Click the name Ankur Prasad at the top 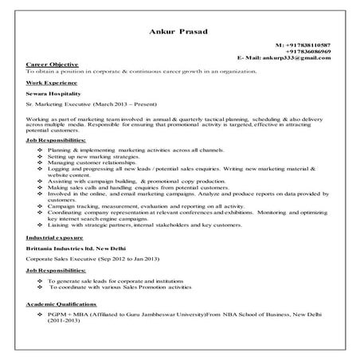coord(180,31)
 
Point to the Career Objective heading coord(52,64)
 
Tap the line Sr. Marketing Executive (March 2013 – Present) coord(92,104)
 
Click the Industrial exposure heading coord(55,238)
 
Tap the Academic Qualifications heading coord(64,303)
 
